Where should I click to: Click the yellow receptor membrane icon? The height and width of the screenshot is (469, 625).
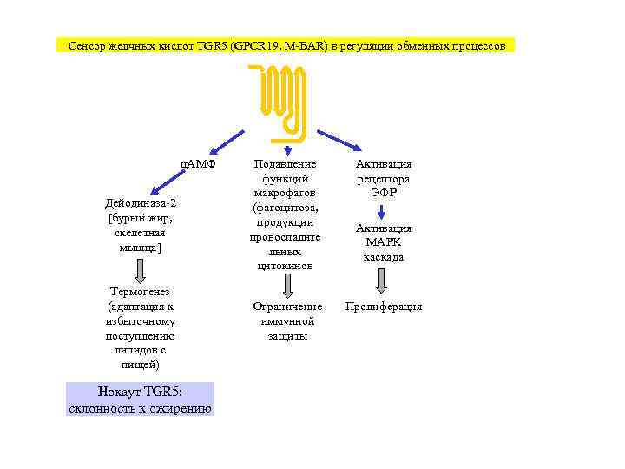pos(278,103)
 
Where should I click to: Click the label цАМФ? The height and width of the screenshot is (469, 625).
pos(197,164)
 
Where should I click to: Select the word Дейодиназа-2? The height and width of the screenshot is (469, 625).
pos(140,202)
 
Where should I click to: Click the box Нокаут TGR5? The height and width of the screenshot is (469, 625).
pos(140,400)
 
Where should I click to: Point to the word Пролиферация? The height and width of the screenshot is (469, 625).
pos(384,307)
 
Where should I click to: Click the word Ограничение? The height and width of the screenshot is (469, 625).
pos(287,307)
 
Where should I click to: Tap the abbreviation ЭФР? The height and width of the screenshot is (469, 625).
pos(384,193)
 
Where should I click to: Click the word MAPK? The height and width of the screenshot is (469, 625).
pos(384,242)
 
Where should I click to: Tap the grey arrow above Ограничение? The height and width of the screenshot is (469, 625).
pos(287,286)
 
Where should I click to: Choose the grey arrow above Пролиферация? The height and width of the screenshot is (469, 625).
pos(382,281)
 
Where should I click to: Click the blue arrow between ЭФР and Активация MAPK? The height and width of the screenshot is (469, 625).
pos(382,211)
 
